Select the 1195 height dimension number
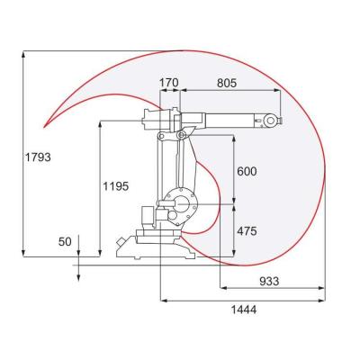[x=115, y=186]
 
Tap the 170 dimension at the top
[x=168, y=83]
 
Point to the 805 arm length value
[x=227, y=83]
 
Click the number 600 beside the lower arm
[x=247, y=172]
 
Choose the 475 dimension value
[x=247, y=231]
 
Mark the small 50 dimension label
[x=64, y=241]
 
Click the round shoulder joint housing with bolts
[x=177, y=205]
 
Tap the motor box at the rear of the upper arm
[x=153, y=118]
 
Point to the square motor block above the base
[x=145, y=217]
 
